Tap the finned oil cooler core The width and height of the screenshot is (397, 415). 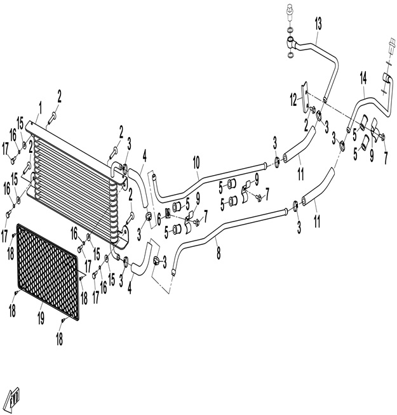(76, 184)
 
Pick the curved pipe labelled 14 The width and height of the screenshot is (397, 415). (368, 105)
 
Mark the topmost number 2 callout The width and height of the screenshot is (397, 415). (60, 96)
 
